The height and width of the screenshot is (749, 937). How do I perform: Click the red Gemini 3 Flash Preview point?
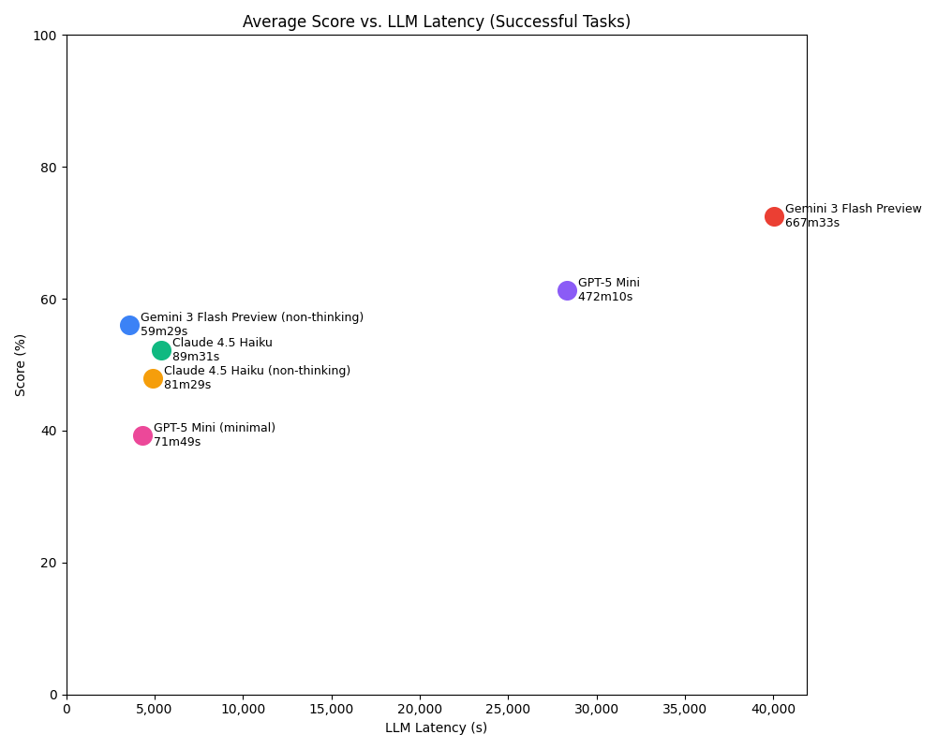(x=774, y=216)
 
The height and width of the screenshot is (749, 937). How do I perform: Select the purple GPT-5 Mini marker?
(x=567, y=290)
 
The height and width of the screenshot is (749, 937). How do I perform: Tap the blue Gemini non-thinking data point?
(x=129, y=325)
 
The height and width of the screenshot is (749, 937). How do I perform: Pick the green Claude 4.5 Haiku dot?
(x=161, y=350)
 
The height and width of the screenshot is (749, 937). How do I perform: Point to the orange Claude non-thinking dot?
(x=153, y=378)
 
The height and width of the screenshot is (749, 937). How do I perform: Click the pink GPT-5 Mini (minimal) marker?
(x=142, y=435)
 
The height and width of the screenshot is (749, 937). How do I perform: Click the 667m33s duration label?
(x=811, y=223)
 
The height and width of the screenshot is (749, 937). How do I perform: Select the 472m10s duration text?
(x=604, y=297)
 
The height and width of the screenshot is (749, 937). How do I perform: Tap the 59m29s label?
(x=164, y=331)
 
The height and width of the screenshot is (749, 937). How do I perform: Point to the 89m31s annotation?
(x=196, y=357)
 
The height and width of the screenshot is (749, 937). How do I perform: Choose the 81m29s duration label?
(x=187, y=385)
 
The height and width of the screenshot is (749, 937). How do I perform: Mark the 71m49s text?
(x=177, y=442)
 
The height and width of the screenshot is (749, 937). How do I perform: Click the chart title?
(x=436, y=22)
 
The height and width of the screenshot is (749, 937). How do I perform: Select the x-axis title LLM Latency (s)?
(x=436, y=727)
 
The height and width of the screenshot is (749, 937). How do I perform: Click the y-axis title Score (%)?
(x=21, y=364)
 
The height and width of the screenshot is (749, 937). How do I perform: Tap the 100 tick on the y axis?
(x=49, y=36)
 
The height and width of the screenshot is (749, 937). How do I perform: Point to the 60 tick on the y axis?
(x=52, y=300)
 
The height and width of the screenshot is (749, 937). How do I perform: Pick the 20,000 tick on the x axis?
(x=420, y=709)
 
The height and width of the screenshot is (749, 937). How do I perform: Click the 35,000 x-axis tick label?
(x=685, y=709)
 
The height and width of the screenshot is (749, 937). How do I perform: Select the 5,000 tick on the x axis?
(x=155, y=709)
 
